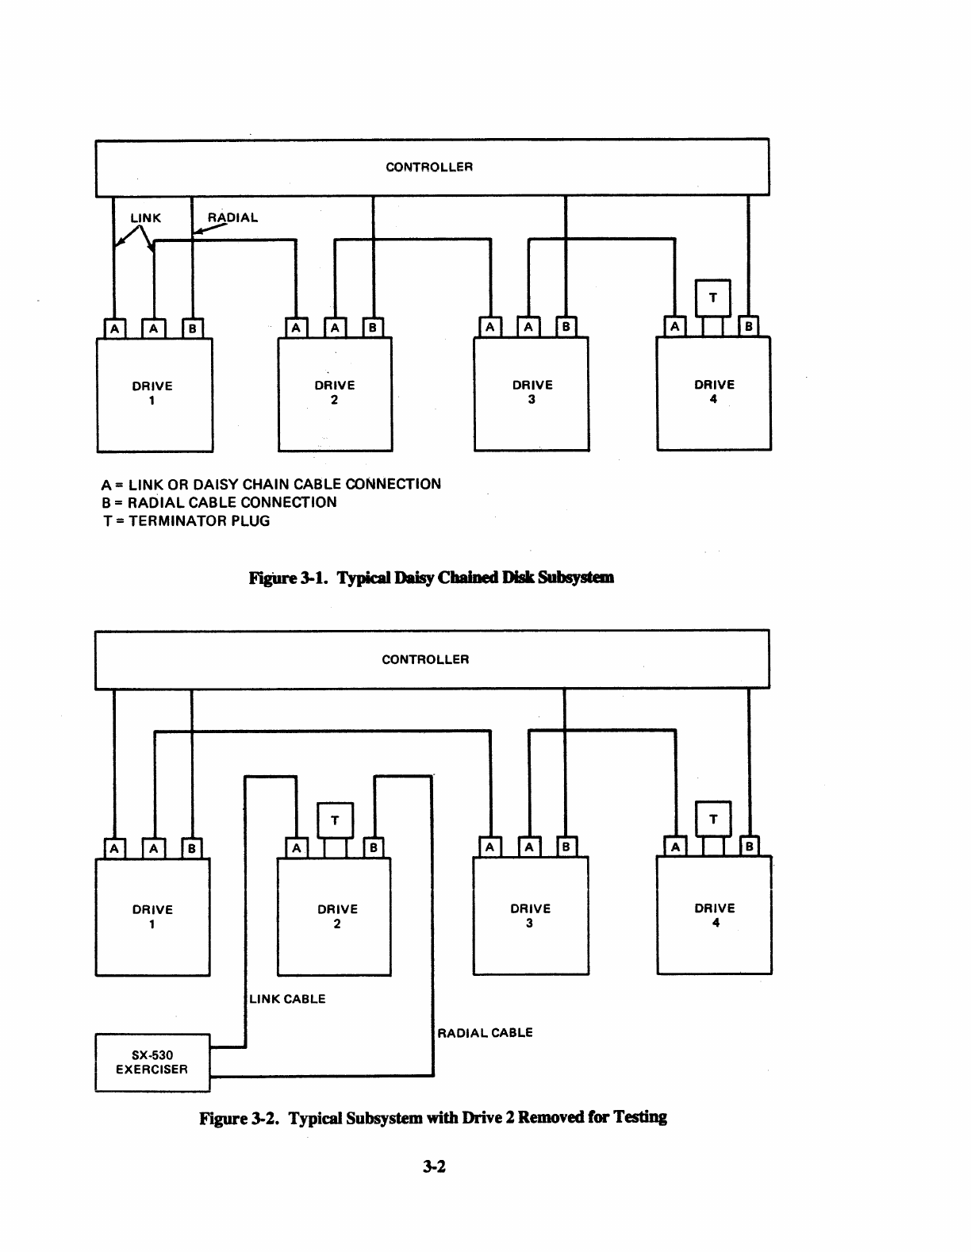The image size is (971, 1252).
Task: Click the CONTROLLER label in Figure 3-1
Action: [429, 167]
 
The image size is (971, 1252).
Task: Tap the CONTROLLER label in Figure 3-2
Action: [425, 659]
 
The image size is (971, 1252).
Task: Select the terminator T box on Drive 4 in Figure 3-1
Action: [713, 298]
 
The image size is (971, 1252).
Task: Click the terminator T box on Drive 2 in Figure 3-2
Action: [336, 820]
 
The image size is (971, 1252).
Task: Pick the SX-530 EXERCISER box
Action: [152, 1062]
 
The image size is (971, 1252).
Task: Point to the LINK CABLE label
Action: [287, 999]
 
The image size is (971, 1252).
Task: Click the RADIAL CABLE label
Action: [485, 1032]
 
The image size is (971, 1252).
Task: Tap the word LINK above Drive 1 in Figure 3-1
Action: [146, 217]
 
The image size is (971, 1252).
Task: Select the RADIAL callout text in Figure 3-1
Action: [232, 217]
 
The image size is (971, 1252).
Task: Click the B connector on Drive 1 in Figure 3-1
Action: [192, 328]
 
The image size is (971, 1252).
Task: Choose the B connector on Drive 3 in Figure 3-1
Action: [566, 327]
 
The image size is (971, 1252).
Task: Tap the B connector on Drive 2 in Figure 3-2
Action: [374, 847]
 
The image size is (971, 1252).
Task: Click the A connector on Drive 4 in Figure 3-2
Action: [675, 846]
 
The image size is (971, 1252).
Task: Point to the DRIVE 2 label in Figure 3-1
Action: [335, 393]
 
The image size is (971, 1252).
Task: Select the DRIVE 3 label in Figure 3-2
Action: [531, 916]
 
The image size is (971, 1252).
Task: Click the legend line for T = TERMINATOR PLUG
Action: [186, 520]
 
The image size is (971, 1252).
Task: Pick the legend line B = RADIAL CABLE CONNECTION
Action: [220, 502]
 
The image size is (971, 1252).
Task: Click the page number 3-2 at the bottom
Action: [434, 1167]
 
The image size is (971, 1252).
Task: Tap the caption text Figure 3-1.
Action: [288, 578]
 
